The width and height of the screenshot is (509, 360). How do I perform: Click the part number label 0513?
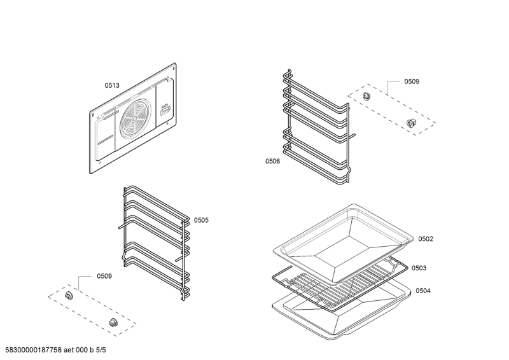112,85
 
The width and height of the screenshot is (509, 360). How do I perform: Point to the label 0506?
272,162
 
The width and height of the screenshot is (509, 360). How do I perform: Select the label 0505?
201,220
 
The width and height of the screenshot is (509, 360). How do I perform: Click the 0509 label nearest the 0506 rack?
412,81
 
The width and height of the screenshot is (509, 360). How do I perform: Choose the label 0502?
426,239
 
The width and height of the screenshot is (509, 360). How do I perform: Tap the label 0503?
419,268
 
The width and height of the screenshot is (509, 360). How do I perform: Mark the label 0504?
423,291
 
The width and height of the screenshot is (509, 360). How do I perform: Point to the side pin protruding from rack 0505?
121,225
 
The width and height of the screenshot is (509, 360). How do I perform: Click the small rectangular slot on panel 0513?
165,109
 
